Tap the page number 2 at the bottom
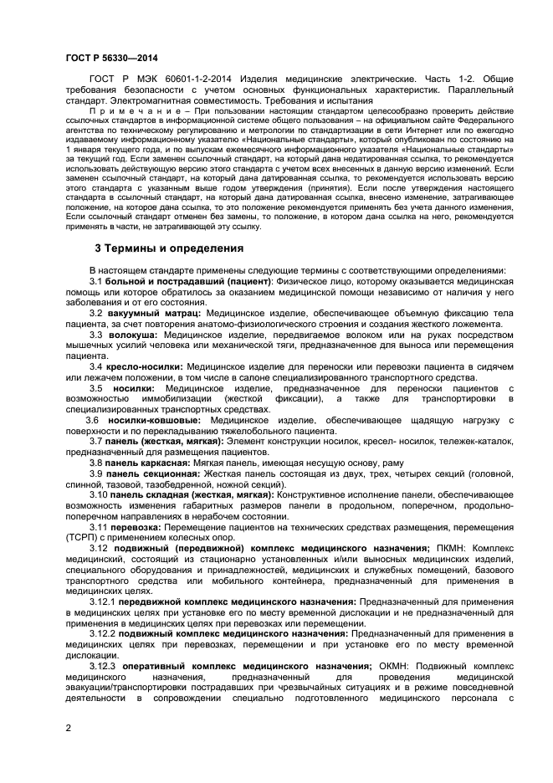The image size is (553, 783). [69, 728]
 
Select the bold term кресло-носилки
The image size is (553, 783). [145, 366]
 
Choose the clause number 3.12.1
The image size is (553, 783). [102, 601]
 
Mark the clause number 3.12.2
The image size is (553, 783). [102, 633]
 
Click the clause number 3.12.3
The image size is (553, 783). [102, 665]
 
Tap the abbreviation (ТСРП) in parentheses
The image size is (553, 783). [84, 539]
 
